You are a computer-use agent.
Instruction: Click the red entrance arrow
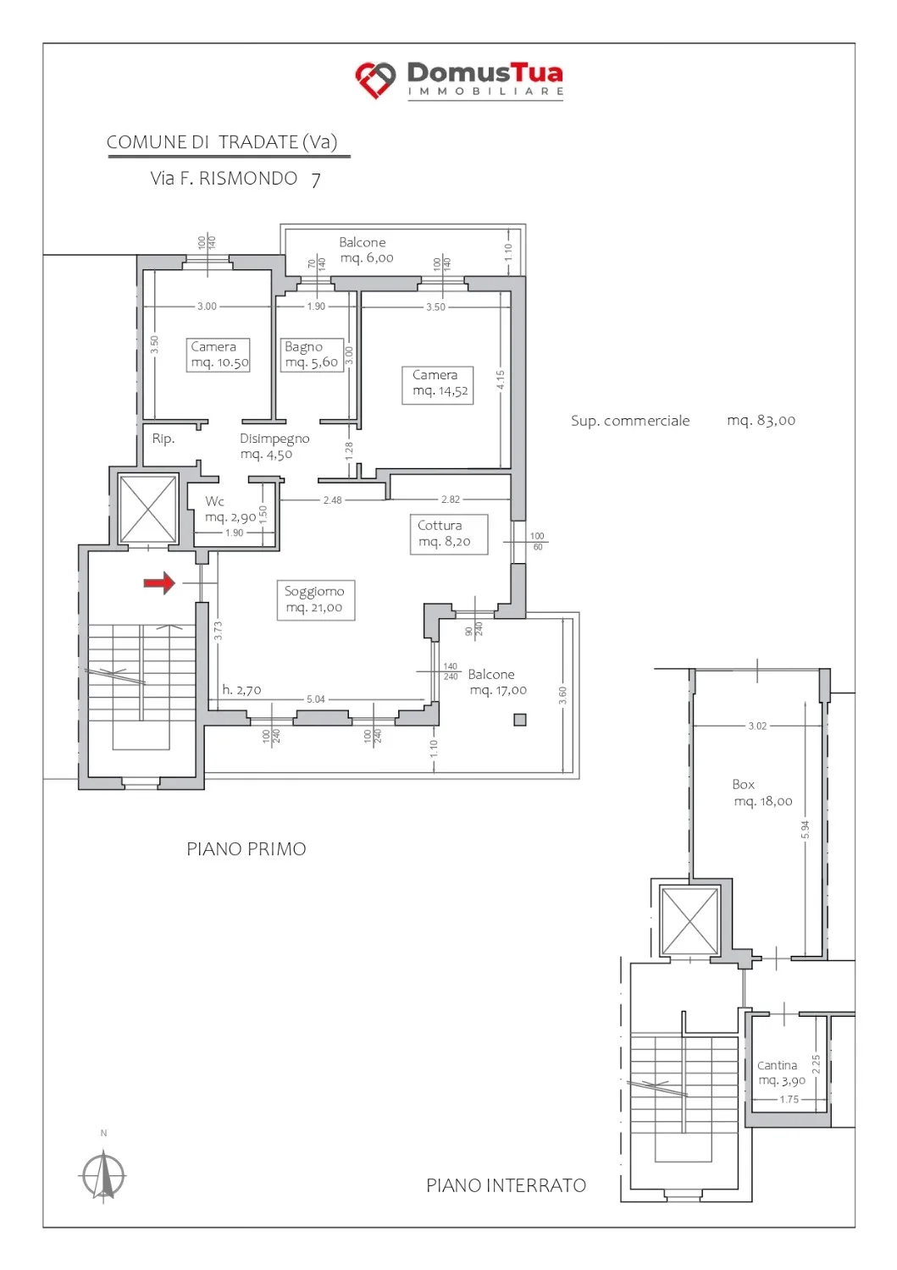(x=159, y=583)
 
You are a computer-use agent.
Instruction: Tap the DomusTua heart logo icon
(x=375, y=80)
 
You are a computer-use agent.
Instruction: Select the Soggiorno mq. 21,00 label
(x=315, y=599)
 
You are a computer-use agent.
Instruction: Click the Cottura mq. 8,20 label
(x=448, y=534)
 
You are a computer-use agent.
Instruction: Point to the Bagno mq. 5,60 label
(x=312, y=355)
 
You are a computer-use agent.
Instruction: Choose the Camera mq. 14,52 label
(x=437, y=384)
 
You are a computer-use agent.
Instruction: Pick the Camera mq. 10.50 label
(x=219, y=355)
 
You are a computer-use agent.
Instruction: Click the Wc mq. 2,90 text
(x=230, y=509)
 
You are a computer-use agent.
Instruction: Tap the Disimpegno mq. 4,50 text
(x=274, y=446)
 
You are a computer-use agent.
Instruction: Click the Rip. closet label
(x=163, y=439)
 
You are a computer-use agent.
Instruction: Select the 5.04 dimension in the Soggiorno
(x=315, y=699)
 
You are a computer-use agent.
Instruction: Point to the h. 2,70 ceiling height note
(x=241, y=690)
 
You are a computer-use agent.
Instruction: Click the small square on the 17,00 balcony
(x=520, y=720)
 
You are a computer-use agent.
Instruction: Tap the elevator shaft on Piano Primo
(x=148, y=509)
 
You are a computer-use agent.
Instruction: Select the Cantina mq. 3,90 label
(x=781, y=1073)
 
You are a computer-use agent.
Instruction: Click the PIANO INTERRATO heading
(x=506, y=1185)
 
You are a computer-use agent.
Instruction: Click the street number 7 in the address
(x=316, y=179)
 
